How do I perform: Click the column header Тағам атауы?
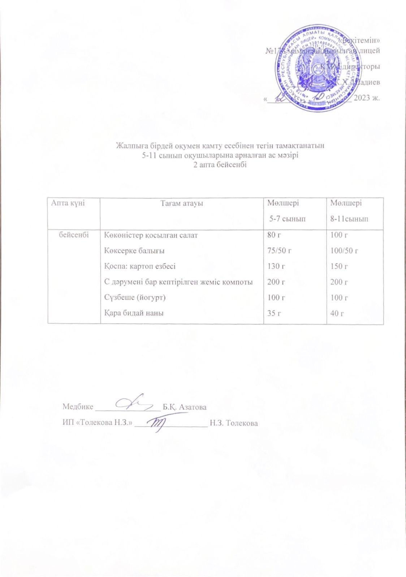[182, 203]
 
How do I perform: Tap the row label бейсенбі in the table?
[74, 235]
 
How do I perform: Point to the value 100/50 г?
[344, 251]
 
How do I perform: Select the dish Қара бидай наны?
[134, 313]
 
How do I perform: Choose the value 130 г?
[276, 267]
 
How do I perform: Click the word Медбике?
[78, 407]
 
